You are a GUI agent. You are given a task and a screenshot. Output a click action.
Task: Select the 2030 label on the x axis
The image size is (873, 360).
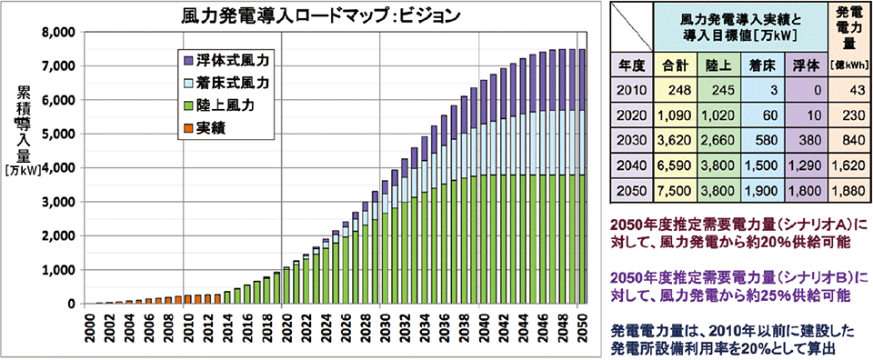tap(385, 326)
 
